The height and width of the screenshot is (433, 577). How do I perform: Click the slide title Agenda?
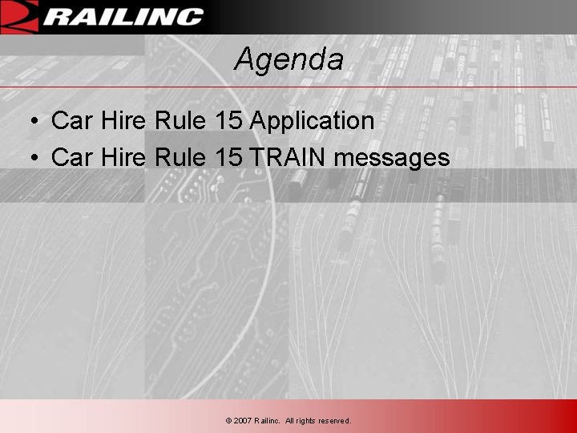pyautogui.click(x=288, y=59)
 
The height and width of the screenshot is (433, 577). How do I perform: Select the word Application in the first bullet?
pyautogui.click(x=312, y=121)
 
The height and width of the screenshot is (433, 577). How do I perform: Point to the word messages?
pyautogui.click(x=392, y=158)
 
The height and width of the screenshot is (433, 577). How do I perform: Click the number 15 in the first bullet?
pyautogui.click(x=228, y=121)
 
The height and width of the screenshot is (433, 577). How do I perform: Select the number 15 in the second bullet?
pyautogui.click(x=228, y=157)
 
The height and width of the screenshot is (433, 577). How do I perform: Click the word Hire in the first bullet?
pyautogui.click(x=123, y=121)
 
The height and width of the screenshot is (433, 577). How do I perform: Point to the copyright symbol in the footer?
pyautogui.click(x=228, y=421)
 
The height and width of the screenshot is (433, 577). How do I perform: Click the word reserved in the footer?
pyautogui.click(x=335, y=421)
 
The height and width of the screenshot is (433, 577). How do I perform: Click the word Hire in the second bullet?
pyautogui.click(x=123, y=157)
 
